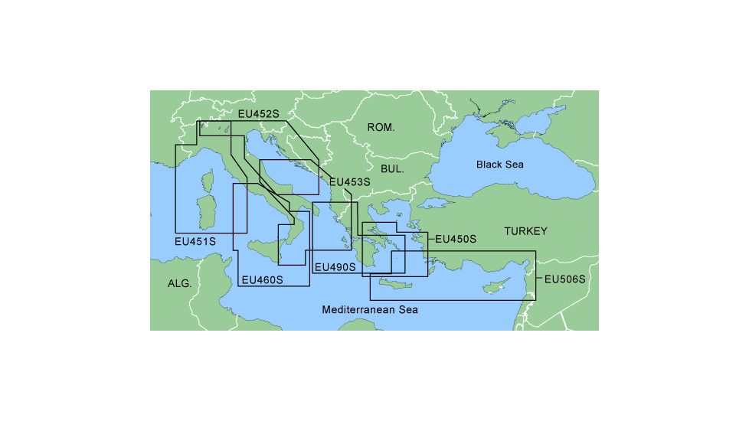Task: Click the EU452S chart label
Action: tap(259, 114)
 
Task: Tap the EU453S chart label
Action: tap(349, 182)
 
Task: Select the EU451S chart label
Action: tap(195, 241)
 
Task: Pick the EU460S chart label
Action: tap(262, 280)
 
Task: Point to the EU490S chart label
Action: tap(335, 267)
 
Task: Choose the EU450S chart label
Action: tap(455, 240)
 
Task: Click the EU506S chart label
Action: tap(564, 279)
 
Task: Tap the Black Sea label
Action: tap(499, 165)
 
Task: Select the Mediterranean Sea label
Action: tap(370, 310)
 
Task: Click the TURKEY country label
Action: tap(525, 231)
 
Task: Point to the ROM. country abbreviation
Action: tap(381, 127)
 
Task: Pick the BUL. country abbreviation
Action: tap(391, 168)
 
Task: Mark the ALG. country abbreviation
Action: tap(179, 283)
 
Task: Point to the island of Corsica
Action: tap(206, 183)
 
